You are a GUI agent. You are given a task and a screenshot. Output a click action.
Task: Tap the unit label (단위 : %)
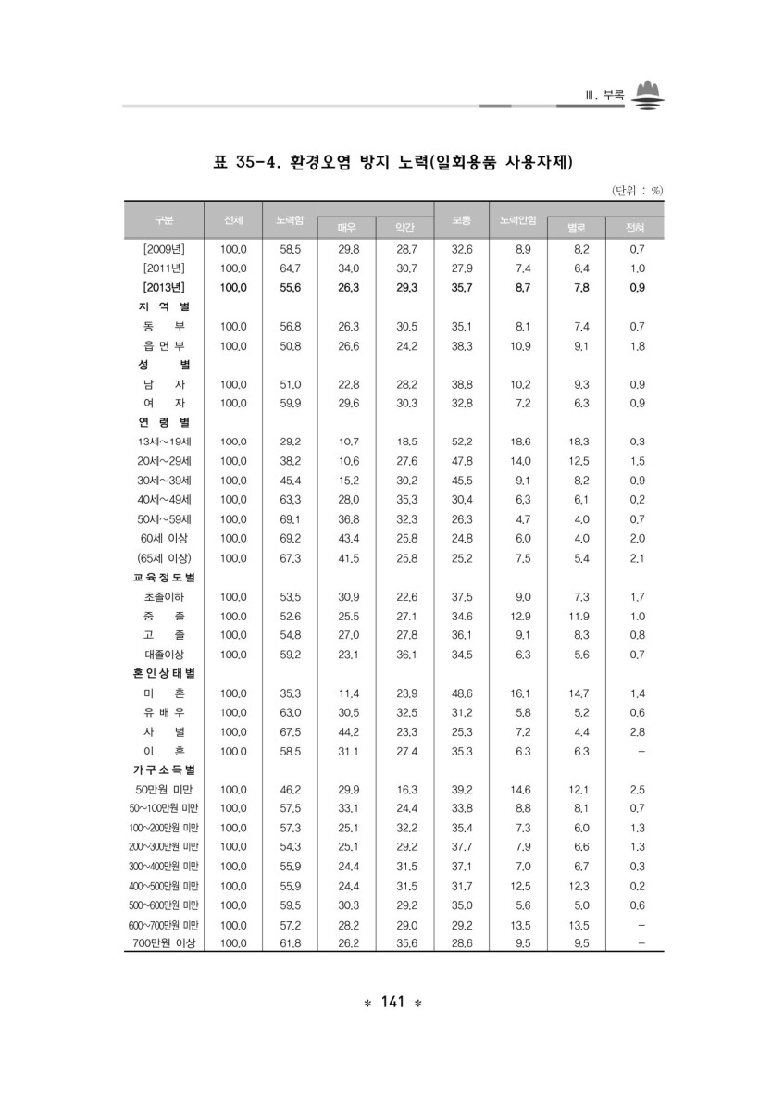(637, 191)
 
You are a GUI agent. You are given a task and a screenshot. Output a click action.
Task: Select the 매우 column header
(346, 228)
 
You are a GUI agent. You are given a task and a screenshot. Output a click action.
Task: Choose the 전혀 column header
(635, 228)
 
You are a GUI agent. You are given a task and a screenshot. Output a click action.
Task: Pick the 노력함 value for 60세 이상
(291, 538)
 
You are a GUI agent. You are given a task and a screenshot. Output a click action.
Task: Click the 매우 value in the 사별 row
(348, 731)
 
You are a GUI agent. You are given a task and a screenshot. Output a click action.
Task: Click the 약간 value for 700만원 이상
(405, 943)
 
